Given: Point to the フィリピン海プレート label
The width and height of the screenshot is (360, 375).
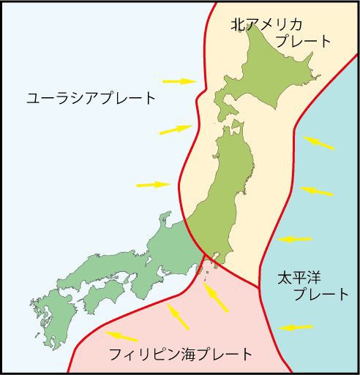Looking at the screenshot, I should click(179, 355).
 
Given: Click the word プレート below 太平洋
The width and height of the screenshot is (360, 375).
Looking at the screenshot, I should click(320, 295).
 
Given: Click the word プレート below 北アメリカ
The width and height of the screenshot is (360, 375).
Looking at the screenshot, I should click(304, 41).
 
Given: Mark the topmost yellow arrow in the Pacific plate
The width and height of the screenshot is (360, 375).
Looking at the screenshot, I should click(320, 142).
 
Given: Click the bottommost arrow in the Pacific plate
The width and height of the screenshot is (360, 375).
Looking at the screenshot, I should click(297, 327).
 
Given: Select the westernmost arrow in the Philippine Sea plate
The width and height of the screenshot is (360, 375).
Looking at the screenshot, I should click(124, 336).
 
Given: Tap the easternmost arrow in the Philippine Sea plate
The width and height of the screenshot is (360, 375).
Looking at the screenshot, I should click(216, 298).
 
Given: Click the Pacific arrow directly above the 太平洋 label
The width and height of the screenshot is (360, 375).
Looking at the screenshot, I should click(295, 238).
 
